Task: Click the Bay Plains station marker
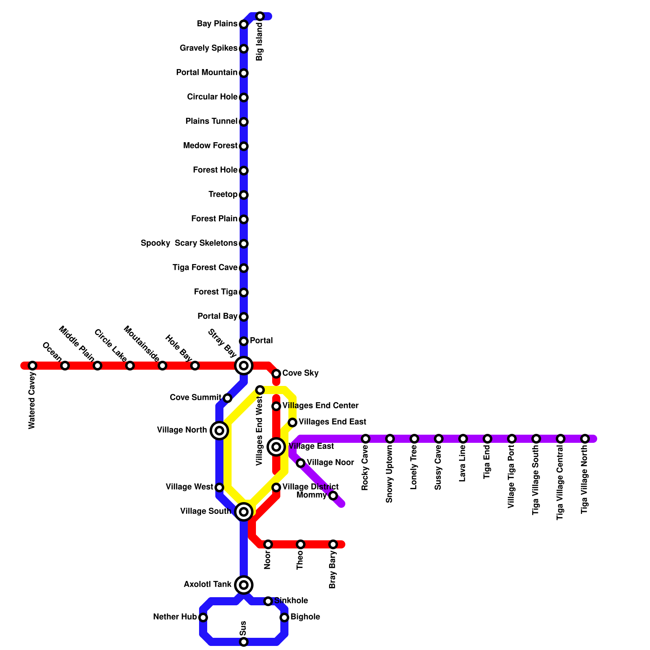tap(244, 24)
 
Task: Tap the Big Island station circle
tap(260, 16)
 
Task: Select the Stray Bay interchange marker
tap(244, 366)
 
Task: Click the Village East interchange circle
tap(276, 447)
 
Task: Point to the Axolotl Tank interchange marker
tap(244, 585)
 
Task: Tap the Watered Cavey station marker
tap(32, 366)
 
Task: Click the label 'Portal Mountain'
tap(207, 73)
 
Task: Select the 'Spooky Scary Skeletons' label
tap(189, 243)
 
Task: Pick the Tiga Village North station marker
tap(585, 439)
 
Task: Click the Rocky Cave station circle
tap(366, 439)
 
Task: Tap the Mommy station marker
tap(333, 496)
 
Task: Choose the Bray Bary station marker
tap(333, 544)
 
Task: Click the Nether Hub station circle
tap(203, 617)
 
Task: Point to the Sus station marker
tap(244, 642)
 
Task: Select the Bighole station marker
tap(284, 617)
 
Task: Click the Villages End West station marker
tap(260, 390)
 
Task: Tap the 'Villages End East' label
tap(332, 422)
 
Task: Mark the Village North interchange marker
tap(219, 431)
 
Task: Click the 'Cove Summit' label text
tap(195, 397)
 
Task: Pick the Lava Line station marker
tap(463, 439)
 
